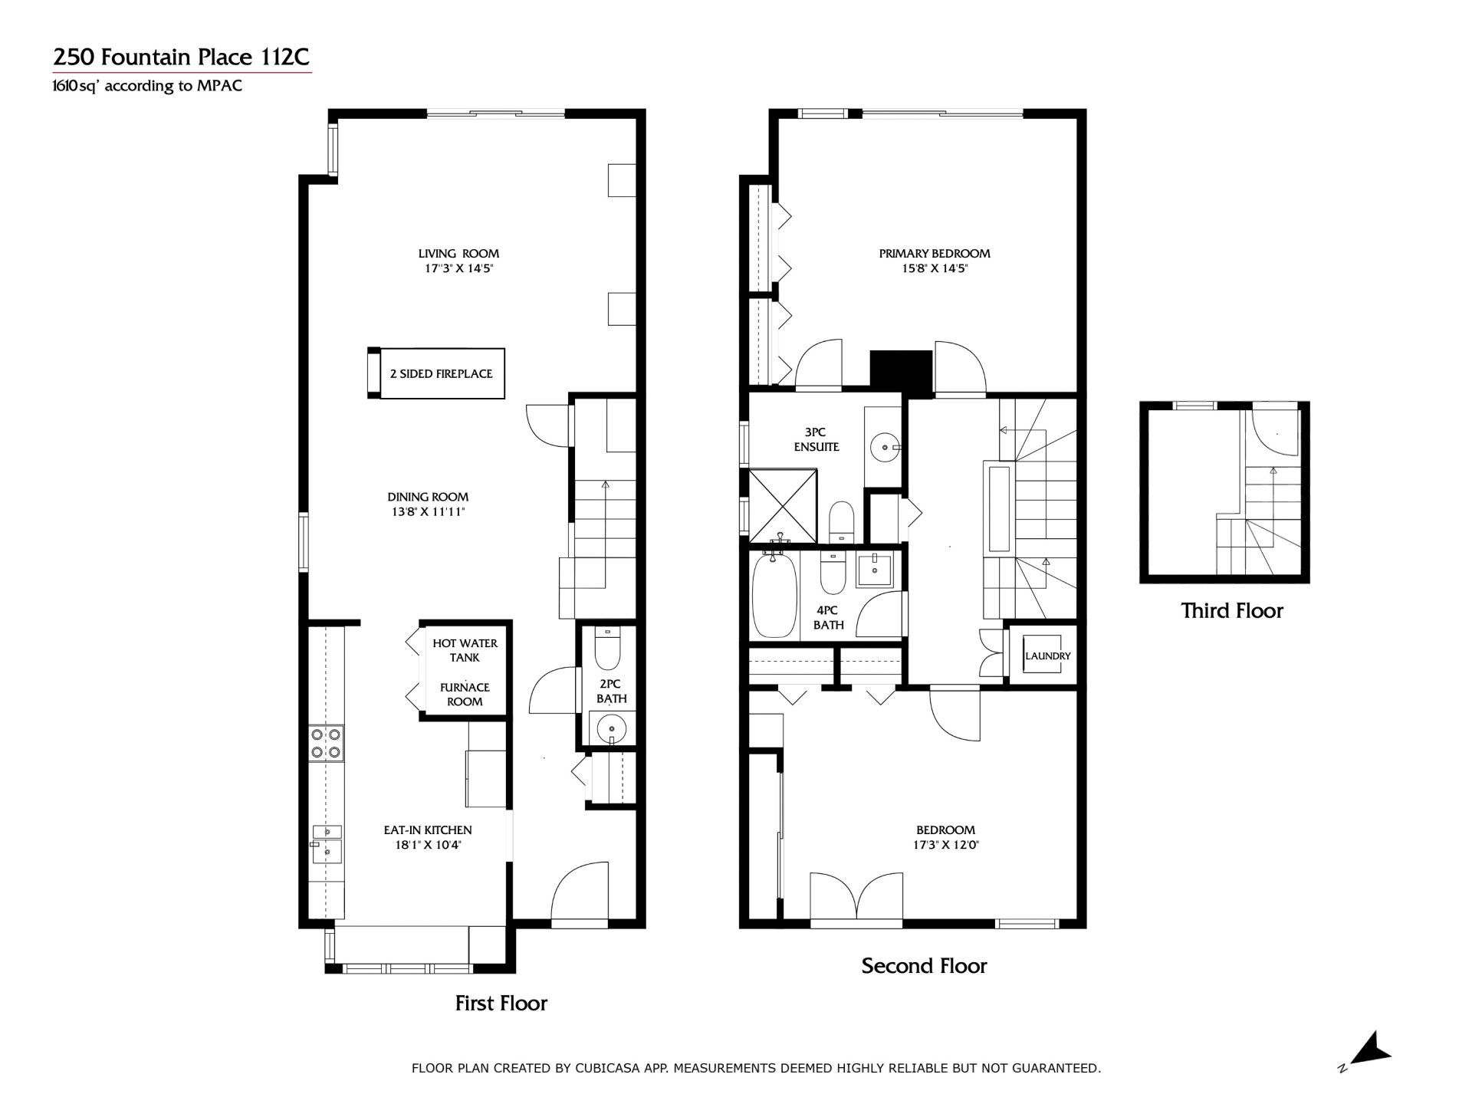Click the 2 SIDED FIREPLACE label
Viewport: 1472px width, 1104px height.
coord(441,374)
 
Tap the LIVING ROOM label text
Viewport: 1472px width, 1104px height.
coord(458,254)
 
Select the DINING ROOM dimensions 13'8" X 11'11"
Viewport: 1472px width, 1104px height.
coord(428,512)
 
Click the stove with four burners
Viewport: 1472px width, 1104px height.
coord(326,744)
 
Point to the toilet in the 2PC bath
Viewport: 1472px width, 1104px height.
coord(607,649)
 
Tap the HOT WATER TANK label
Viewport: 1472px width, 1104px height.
coord(465,650)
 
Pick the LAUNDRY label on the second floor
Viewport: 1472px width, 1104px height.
coord(1047,656)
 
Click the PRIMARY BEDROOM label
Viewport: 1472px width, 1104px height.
coord(935,254)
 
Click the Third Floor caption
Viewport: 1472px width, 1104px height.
coord(1231,611)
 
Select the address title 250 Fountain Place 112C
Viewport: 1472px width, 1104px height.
coord(181,58)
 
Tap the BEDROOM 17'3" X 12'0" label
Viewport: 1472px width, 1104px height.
coord(945,837)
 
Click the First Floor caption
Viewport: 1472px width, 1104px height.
coord(501,1004)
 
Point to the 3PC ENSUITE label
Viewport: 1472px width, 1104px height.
coord(816,439)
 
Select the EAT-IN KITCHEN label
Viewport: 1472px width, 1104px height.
coord(428,830)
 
